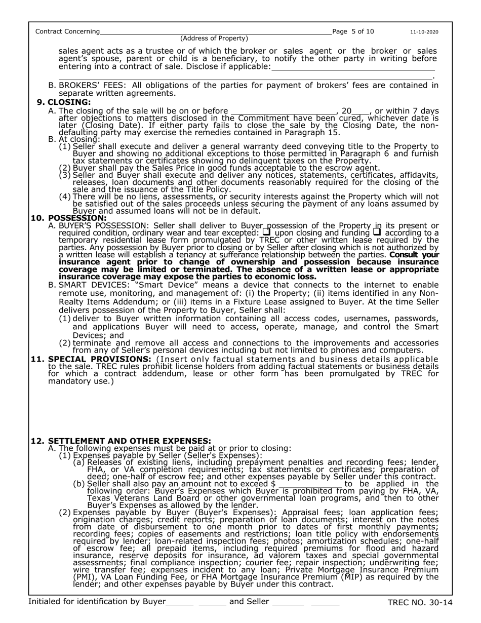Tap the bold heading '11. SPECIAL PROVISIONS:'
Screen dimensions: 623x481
91,359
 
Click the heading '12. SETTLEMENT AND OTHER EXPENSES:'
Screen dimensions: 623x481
121,441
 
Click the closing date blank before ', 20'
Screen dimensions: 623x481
283,111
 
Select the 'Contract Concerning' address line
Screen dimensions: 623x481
216,32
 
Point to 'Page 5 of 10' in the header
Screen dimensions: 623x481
353,31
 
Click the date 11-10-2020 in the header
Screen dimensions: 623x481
424,32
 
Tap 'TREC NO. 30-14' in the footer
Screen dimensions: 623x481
420,603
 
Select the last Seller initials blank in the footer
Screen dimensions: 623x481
325,603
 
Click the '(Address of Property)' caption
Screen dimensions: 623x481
214,38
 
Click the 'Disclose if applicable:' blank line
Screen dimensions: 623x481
353,67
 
